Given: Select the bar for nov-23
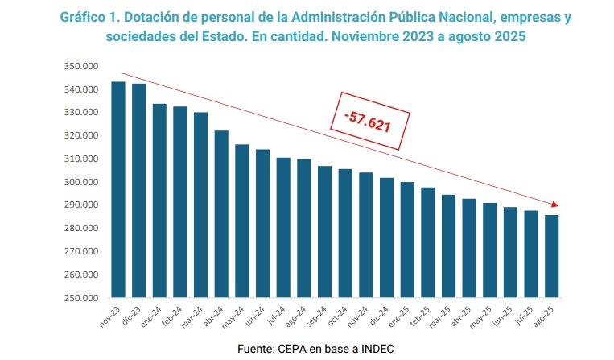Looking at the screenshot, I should coord(118,190).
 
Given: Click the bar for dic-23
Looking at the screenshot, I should coord(138,191).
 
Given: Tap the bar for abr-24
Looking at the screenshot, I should coord(221,214).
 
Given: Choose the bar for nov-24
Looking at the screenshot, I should coord(366,235).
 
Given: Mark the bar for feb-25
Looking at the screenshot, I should coord(428,242).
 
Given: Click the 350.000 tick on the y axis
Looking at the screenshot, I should coord(80,66).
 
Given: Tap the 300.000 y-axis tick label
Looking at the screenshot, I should coord(80,182).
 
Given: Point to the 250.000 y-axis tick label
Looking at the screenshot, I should coord(80,298).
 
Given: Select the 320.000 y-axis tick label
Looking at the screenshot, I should coord(80,136).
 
